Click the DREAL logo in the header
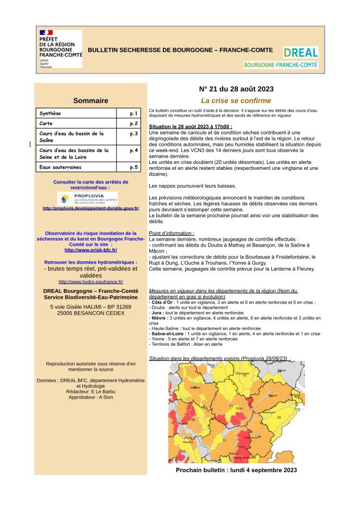click(300, 52)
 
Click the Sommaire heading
click(90, 100)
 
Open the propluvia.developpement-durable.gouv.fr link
click(90, 208)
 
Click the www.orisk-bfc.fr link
click(90, 250)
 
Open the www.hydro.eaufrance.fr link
click(90, 281)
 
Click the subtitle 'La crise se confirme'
click(236, 100)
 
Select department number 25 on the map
click(279, 417)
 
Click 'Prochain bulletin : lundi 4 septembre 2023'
click(236, 470)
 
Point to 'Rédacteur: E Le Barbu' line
click(90, 391)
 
